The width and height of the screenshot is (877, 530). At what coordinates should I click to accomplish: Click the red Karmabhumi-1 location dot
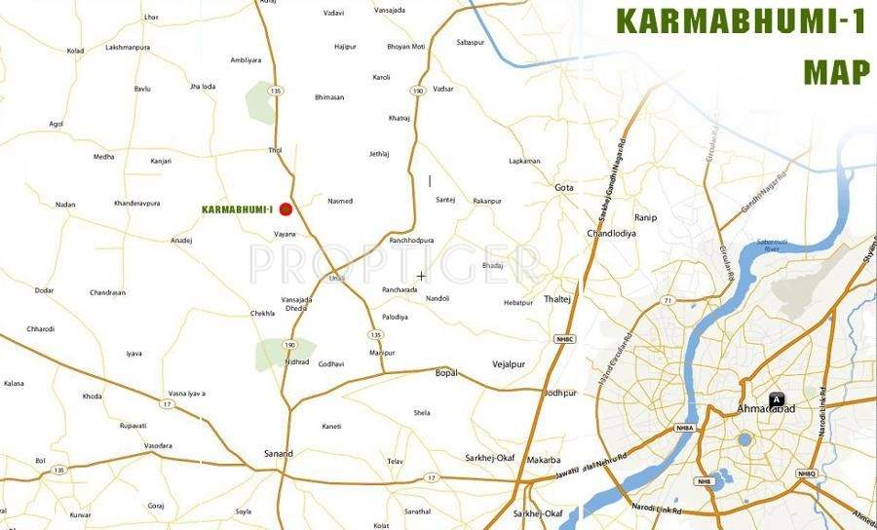coord(286,208)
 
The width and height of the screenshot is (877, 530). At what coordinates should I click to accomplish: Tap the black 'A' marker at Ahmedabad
coord(777,397)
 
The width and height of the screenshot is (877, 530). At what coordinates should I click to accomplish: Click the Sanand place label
coord(278,454)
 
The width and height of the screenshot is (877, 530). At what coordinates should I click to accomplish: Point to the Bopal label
coord(445,373)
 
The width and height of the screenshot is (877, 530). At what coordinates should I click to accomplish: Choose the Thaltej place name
coord(557,299)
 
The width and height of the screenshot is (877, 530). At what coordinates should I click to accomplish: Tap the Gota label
coord(564,187)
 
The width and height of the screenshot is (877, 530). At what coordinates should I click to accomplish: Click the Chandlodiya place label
coord(611,234)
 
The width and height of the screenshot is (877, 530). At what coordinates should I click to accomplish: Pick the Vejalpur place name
coord(509,364)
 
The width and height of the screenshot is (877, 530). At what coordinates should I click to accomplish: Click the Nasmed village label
coord(340,201)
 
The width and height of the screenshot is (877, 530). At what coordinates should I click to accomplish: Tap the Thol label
coord(274,150)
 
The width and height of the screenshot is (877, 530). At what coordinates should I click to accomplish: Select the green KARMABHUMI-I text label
coord(236,209)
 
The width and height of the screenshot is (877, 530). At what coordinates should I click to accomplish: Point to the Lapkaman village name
coord(524,161)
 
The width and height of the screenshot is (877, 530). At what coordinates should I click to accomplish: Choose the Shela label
coord(421,413)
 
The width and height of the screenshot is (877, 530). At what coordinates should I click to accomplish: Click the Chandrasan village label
coord(107,292)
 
